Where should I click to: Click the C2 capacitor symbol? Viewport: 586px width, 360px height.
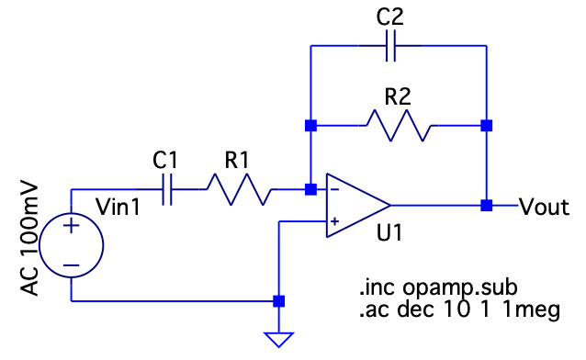(390, 46)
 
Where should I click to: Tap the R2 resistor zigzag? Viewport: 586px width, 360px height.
(398, 126)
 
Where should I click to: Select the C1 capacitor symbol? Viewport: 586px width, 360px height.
(167, 189)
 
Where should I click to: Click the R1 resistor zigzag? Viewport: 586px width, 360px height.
(238, 189)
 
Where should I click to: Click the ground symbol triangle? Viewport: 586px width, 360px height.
(279, 340)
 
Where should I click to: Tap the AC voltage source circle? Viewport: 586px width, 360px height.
(71, 245)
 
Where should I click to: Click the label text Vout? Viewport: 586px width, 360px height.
(545, 207)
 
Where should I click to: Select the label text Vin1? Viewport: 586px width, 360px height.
(118, 207)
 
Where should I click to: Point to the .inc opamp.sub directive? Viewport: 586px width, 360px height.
(438, 287)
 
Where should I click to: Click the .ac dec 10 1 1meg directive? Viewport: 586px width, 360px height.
(459, 309)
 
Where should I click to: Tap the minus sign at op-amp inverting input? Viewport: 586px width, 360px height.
(335, 189)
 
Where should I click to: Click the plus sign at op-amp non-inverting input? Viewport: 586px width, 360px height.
(335, 221)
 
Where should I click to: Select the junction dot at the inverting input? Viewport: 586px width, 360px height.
(310, 189)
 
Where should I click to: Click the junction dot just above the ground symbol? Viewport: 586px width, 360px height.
(279, 301)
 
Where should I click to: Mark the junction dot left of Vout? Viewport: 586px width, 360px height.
(486, 205)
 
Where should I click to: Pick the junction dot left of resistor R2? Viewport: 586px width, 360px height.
(310, 126)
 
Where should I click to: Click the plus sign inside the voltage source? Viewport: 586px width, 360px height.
(71, 226)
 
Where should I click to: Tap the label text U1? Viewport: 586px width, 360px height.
(389, 233)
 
